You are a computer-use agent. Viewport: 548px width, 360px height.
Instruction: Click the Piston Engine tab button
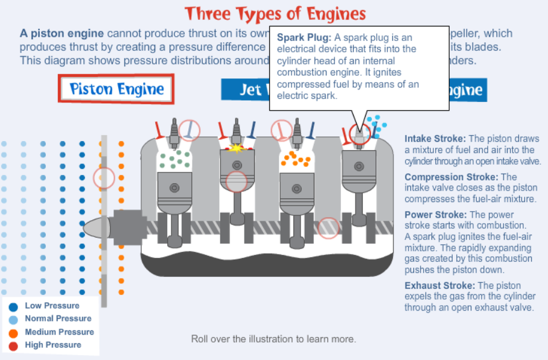coord(116,89)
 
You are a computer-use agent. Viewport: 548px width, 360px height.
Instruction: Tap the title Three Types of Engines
coord(275,13)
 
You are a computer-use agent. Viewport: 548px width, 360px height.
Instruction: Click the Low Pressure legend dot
coord(14,306)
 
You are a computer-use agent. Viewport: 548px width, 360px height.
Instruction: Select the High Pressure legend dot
coord(14,346)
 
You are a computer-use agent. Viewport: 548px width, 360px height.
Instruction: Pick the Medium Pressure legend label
coord(59,332)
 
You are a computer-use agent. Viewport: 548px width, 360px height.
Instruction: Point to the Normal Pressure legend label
coord(58,318)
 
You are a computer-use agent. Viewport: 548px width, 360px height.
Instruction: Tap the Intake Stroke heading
coord(435,138)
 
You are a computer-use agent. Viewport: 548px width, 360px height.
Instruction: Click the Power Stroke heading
coord(436,215)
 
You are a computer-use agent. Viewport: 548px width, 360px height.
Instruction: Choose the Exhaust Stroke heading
coord(440,285)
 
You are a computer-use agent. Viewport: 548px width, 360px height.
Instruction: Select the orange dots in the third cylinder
coord(296,159)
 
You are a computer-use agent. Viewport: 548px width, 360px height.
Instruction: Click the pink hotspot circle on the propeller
coord(104,177)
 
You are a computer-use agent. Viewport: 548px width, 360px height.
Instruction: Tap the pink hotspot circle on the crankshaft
coord(328,227)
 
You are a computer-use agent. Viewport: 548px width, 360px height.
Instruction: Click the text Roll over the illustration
coord(273,339)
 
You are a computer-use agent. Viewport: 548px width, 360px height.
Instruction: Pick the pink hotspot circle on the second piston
coord(237,181)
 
